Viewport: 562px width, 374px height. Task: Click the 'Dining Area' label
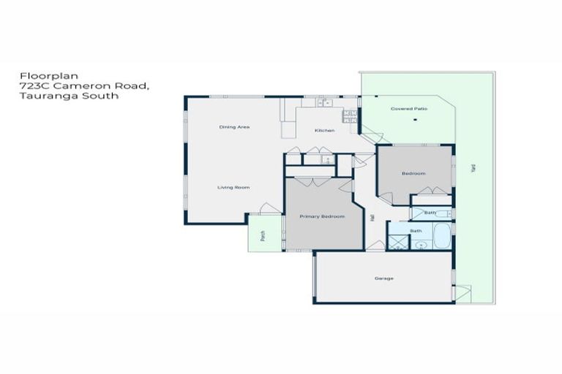point(235,127)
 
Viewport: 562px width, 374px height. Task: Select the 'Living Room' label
point(233,188)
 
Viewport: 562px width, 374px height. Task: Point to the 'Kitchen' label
point(324,130)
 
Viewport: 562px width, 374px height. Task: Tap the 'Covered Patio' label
point(408,109)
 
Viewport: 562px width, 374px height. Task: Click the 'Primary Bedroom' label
point(322,216)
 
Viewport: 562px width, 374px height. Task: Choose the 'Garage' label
point(384,278)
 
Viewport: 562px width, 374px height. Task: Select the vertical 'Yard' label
point(473,169)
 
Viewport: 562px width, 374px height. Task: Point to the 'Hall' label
point(372,217)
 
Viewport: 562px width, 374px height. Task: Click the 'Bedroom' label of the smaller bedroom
point(413,173)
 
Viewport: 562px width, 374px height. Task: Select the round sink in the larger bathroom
point(421,245)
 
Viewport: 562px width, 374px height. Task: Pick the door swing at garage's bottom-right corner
point(460,294)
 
